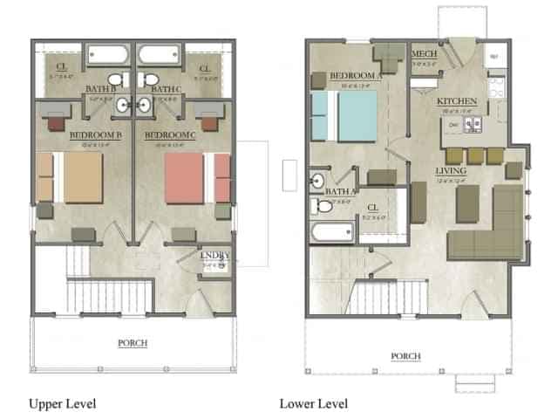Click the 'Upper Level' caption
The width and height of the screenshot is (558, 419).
(62, 403)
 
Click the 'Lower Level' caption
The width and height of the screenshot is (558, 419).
(313, 403)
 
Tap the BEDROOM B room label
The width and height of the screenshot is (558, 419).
(94, 134)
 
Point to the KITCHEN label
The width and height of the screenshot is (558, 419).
(457, 102)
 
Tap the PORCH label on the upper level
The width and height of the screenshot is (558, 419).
(133, 343)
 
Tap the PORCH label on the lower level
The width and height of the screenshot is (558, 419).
(406, 356)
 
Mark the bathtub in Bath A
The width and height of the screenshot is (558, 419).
(332, 233)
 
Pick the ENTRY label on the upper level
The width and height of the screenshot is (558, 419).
(214, 255)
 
